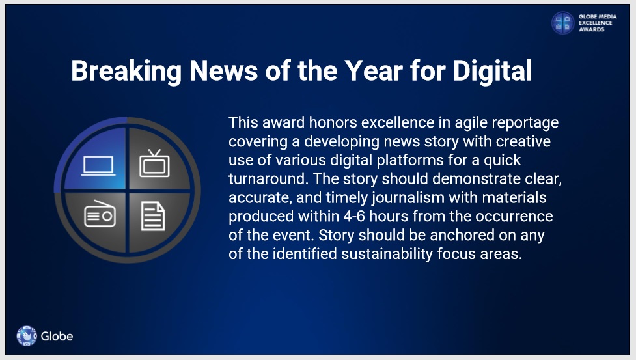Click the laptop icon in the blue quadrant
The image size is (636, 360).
pyautogui.click(x=98, y=166)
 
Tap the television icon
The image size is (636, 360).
pyautogui.click(x=154, y=163)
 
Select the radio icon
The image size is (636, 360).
pyautogui.click(x=100, y=214)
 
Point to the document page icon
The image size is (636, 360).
pyautogui.click(x=153, y=216)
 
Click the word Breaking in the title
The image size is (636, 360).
pyautogui.click(x=126, y=72)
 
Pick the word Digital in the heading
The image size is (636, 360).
pyautogui.click(x=492, y=71)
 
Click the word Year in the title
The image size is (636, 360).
pyautogui.click(x=374, y=71)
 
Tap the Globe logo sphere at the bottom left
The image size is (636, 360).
pyautogui.click(x=27, y=336)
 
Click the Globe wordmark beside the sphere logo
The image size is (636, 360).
pyautogui.click(x=57, y=336)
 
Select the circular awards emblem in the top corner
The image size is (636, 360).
pyautogui.click(x=562, y=23)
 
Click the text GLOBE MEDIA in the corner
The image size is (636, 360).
pyautogui.click(x=598, y=17)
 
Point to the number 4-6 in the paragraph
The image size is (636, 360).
pyautogui.click(x=354, y=216)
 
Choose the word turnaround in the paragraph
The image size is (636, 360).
pyautogui.click(x=267, y=179)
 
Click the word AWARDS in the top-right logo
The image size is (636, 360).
pyautogui.click(x=591, y=29)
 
